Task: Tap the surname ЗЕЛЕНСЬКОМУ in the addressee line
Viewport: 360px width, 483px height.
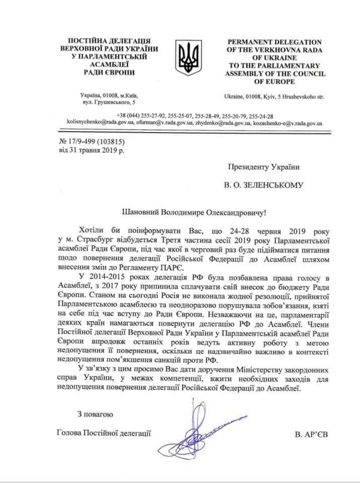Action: (x=276, y=185)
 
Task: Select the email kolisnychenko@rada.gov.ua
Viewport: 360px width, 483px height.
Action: (x=99, y=122)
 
